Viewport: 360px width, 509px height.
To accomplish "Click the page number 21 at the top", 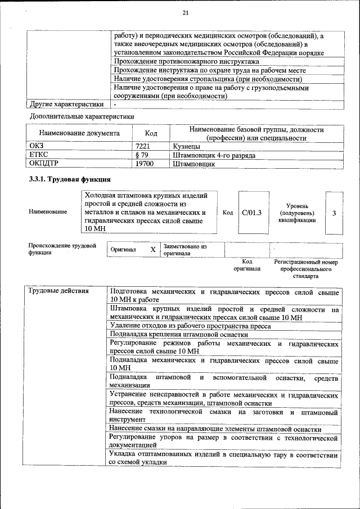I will coord(186,13).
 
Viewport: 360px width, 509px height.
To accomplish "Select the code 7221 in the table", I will coord(143,146).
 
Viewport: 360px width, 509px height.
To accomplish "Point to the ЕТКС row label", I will coord(39,155).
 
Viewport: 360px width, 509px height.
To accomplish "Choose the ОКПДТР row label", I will coord(44,164).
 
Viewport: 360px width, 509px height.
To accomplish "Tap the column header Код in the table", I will coord(151,134).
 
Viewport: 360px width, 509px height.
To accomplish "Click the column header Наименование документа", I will coord(79,134).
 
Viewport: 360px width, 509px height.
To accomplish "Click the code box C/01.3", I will coord(251,213).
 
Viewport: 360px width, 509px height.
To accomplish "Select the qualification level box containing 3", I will coord(334,213).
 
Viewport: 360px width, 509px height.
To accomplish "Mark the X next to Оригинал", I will coord(152,249).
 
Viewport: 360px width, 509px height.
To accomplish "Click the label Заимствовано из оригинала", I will coord(185,250).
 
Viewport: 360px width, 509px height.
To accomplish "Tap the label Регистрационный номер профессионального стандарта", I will coord(305,269).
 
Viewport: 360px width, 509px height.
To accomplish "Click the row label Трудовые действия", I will coord(59,291).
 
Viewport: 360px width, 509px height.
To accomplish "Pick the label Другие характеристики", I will coord(66,104).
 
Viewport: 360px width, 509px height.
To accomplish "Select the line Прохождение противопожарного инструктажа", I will coord(186,61).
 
